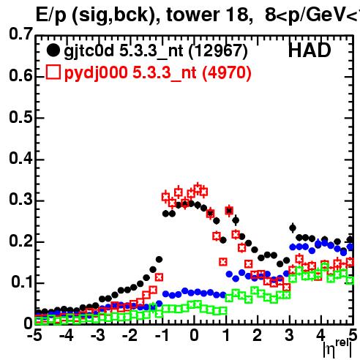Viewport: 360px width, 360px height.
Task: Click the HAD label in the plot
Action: (310, 50)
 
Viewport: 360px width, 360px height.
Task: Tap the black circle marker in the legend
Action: (53, 50)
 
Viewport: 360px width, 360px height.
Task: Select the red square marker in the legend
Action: (53, 72)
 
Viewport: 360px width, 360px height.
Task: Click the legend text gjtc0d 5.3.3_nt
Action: (124, 51)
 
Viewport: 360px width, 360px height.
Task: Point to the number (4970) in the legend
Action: (227, 72)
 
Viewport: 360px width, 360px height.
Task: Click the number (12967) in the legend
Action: (218, 51)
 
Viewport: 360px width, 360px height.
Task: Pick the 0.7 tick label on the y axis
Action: (20, 34)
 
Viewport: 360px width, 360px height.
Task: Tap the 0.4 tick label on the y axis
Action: (20, 159)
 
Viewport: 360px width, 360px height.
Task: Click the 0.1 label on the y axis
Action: (21, 282)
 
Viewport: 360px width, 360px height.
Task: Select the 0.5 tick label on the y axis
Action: (20, 117)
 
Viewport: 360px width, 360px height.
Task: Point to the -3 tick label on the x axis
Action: (98, 336)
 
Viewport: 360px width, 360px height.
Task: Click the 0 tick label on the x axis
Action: (194, 336)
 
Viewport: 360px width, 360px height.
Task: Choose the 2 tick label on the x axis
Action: (258, 336)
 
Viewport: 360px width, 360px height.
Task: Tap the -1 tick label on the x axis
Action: (162, 336)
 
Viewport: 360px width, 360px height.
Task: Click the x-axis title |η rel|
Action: (337, 349)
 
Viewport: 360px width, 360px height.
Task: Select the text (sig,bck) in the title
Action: (115, 15)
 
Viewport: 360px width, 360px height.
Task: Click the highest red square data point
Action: (198, 189)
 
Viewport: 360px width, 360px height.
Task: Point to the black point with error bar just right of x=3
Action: (293, 228)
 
